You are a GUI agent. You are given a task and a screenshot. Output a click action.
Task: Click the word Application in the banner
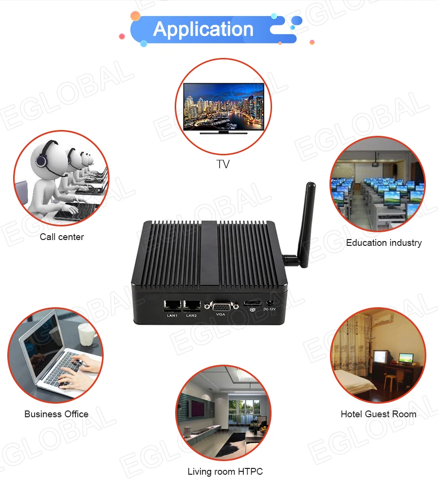(x=203, y=29)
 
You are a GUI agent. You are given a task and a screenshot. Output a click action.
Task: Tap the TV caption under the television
(x=222, y=164)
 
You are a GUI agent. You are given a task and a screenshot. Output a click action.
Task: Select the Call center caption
(x=62, y=237)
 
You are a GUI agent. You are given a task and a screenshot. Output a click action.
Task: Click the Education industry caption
(x=383, y=242)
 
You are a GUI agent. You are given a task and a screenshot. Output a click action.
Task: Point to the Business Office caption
(x=56, y=414)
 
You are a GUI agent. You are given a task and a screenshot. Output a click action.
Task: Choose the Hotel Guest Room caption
(x=378, y=414)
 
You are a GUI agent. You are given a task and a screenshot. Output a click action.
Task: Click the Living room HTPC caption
(x=225, y=471)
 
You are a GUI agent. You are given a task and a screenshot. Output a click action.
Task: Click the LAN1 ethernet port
(x=172, y=306)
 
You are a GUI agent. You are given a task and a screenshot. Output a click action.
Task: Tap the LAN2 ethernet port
(x=192, y=306)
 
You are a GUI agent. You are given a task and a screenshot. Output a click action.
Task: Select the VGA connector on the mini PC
(x=220, y=306)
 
